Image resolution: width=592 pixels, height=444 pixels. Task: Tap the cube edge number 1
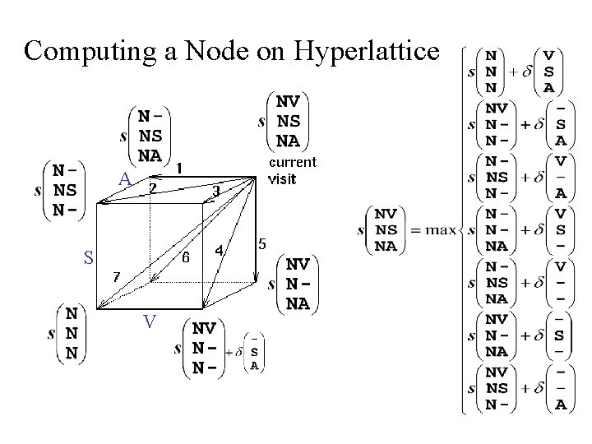tap(179, 166)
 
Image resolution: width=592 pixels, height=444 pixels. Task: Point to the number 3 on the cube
tap(215, 191)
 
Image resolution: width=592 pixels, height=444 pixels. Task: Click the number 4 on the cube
tap(220, 249)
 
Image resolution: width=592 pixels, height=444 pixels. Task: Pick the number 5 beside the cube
tap(261, 244)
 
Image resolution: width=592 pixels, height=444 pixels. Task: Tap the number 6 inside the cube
tap(186, 257)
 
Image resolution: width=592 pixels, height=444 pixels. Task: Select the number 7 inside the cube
tap(116, 276)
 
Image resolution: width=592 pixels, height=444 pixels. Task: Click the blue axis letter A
tap(124, 178)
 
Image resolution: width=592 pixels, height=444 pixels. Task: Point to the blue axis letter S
tap(88, 257)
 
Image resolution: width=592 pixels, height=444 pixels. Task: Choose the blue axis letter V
tap(149, 321)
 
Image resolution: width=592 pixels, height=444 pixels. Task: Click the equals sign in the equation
tap(410, 231)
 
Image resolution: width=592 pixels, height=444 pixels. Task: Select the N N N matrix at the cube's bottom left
tap(72, 334)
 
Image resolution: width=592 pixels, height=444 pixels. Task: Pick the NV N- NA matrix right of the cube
tap(298, 284)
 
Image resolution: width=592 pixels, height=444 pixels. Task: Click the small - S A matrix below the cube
tap(256, 351)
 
